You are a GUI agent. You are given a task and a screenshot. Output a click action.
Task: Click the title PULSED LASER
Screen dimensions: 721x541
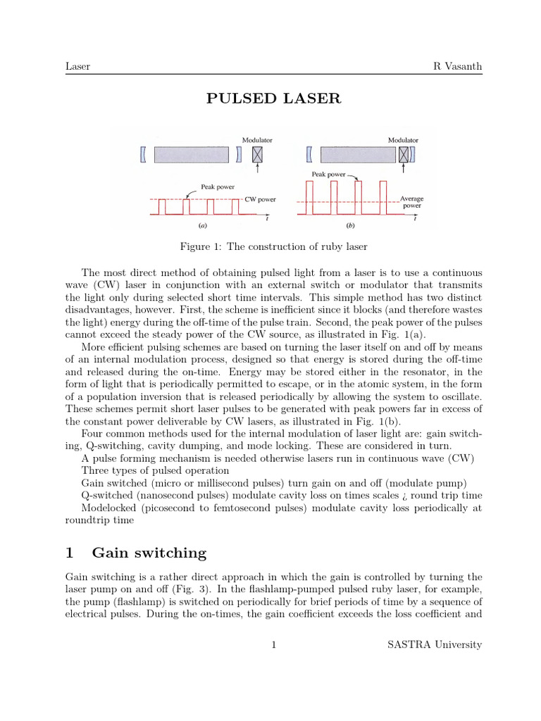pyautogui.click(x=273, y=99)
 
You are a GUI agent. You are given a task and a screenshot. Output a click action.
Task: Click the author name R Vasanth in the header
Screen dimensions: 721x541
pyautogui.click(x=457, y=66)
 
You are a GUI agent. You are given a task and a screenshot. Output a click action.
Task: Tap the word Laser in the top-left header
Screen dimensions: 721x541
pyautogui.click(x=77, y=66)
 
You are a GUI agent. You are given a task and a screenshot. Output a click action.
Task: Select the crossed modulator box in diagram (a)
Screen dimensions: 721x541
pyautogui.click(x=258, y=153)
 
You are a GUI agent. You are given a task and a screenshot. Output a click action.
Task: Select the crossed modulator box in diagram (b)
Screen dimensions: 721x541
pyautogui.click(x=404, y=153)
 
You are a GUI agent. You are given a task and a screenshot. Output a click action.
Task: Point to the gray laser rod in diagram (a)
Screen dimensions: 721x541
pyautogui.click(x=192, y=153)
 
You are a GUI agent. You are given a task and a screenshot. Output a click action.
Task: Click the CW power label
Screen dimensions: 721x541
pyautogui.click(x=261, y=199)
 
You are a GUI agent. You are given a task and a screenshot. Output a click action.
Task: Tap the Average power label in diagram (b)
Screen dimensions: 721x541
pyautogui.click(x=411, y=202)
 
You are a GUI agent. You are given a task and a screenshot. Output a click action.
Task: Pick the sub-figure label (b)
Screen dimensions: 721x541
pyautogui.click(x=350, y=226)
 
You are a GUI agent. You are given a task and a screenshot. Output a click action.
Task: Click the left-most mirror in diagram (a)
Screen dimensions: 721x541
pyautogui.click(x=144, y=153)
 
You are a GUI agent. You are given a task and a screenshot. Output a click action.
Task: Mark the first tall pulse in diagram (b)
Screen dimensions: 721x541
pyautogui.click(x=309, y=197)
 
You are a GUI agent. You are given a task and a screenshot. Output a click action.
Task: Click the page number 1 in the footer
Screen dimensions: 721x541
pyautogui.click(x=273, y=644)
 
